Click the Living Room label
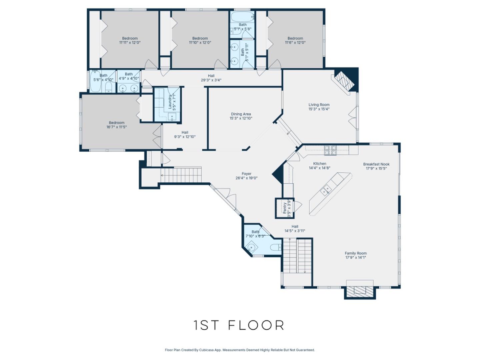point(319,105)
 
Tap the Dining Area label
point(241,114)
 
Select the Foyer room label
point(246,174)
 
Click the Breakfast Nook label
point(376,164)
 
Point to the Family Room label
point(355,253)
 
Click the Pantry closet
point(285,208)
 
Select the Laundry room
point(168,104)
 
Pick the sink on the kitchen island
point(326,190)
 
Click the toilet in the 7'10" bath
point(275,247)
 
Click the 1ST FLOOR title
point(239,325)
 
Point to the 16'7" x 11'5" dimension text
point(116,127)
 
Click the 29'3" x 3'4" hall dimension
point(211,80)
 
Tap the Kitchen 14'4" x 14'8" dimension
point(319,168)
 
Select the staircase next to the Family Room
point(297,256)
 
